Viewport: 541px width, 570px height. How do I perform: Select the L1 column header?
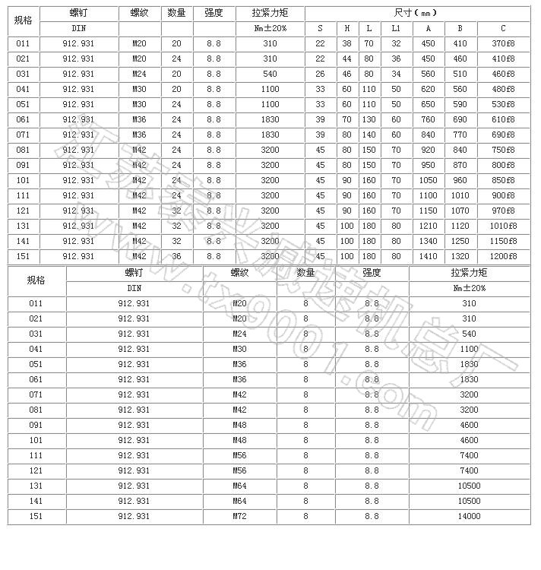click(x=396, y=28)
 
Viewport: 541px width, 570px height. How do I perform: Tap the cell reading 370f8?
click(x=503, y=43)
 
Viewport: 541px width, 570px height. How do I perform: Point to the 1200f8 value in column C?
click(x=503, y=256)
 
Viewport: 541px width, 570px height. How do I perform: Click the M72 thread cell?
click(x=239, y=516)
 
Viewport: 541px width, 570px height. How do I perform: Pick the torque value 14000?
click(x=470, y=516)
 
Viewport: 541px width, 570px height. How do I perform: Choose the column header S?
click(x=320, y=28)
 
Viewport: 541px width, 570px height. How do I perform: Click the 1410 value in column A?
click(x=428, y=256)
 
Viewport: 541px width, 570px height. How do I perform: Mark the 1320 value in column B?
click(x=460, y=256)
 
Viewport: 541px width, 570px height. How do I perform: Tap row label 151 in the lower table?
click(x=36, y=516)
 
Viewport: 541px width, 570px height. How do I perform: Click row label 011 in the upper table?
click(x=23, y=43)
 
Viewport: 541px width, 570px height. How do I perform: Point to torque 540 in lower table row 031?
click(x=470, y=334)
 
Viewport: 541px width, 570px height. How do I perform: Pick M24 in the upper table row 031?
click(x=139, y=74)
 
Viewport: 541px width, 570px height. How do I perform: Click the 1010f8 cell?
click(x=503, y=226)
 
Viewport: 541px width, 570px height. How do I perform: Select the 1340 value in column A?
click(x=428, y=241)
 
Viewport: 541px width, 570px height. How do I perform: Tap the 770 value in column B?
click(x=460, y=135)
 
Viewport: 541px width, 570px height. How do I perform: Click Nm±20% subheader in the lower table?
click(x=470, y=288)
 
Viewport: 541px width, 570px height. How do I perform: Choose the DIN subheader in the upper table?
click(x=78, y=28)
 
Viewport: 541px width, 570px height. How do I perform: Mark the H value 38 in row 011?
click(x=347, y=43)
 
